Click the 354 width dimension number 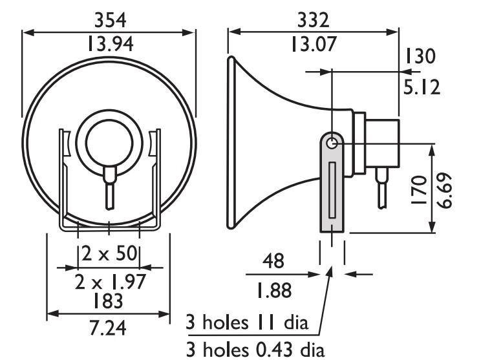point(110,20)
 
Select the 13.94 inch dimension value point(111,43)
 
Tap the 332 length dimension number point(313,20)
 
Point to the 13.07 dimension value point(314,43)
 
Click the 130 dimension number point(420,56)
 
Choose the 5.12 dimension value point(422,87)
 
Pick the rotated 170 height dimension point(419,190)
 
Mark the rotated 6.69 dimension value point(444,191)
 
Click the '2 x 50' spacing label point(109,253)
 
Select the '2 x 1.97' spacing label point(110,282)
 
